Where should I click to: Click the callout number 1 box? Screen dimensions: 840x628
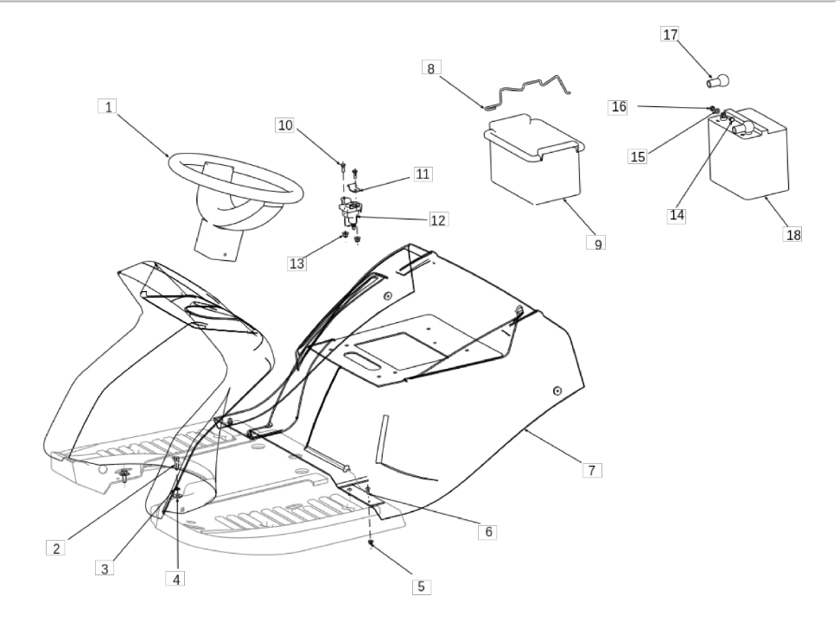[x=108, y=106]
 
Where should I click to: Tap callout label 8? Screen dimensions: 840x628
[x=431, y=68]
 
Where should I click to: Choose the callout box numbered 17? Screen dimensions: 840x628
[x=670, y=35]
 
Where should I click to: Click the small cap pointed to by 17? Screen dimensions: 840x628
[x=718, y=81]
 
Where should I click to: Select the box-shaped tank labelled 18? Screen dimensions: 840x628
[x=748, y=154]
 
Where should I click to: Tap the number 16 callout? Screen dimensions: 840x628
[x=619, y=106]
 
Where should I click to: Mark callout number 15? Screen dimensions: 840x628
[x=638, y=156]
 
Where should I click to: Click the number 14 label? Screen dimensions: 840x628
[x=677, y=215]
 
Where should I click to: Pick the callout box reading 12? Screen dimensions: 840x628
[x=437, y=220]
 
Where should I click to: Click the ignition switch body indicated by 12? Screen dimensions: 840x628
[x=349, y=211]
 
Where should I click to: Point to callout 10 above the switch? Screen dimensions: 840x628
[x=285, y=125]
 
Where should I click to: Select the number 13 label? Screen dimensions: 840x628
[x=296, y=263]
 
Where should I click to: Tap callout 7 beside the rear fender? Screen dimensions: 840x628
[x=592, y=470]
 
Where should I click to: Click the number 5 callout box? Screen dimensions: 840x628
[x=421, y=587]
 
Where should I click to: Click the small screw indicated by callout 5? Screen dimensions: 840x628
[x=371, y=543]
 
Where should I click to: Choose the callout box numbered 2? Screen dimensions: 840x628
[x=55, y=549]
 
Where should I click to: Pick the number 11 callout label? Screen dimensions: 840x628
[x=423, y=174]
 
